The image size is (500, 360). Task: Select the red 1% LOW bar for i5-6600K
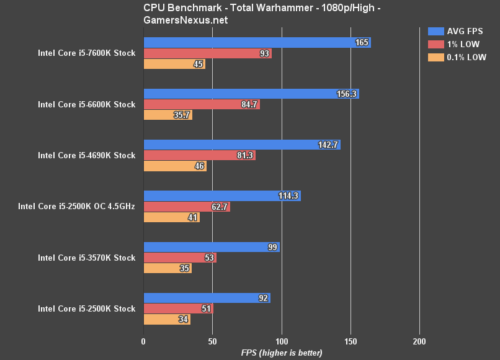pyautogui.click(x=202, y=104)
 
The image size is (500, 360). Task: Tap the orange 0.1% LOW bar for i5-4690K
pyautogui.click(x=175, y=166)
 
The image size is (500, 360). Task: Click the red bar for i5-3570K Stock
pyautogui.click(x=180, y=258)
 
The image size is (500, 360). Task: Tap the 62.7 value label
pyautogui.click(x=220, y=207)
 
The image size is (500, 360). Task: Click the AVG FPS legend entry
pyautogui.click(x=455, y=31)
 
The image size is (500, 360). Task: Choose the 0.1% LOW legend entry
pyautogui.click(x=457, y=57)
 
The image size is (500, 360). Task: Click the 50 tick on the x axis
pyautogui.click(x=212, y=341)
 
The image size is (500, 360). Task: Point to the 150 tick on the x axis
pyautogui.click(x=350, y=341)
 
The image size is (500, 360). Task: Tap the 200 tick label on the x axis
pyautogui.click(x=419, y=341)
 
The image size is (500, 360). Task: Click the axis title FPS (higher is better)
pyautogui.click(x=282, y=353)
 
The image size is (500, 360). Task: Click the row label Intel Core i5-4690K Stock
pyautogui.click(x=86, y=155)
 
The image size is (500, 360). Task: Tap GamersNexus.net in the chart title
pyautogui.click(x=185, y=19)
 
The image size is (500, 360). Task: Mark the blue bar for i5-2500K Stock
pyautogui.click(x=206, y=298)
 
